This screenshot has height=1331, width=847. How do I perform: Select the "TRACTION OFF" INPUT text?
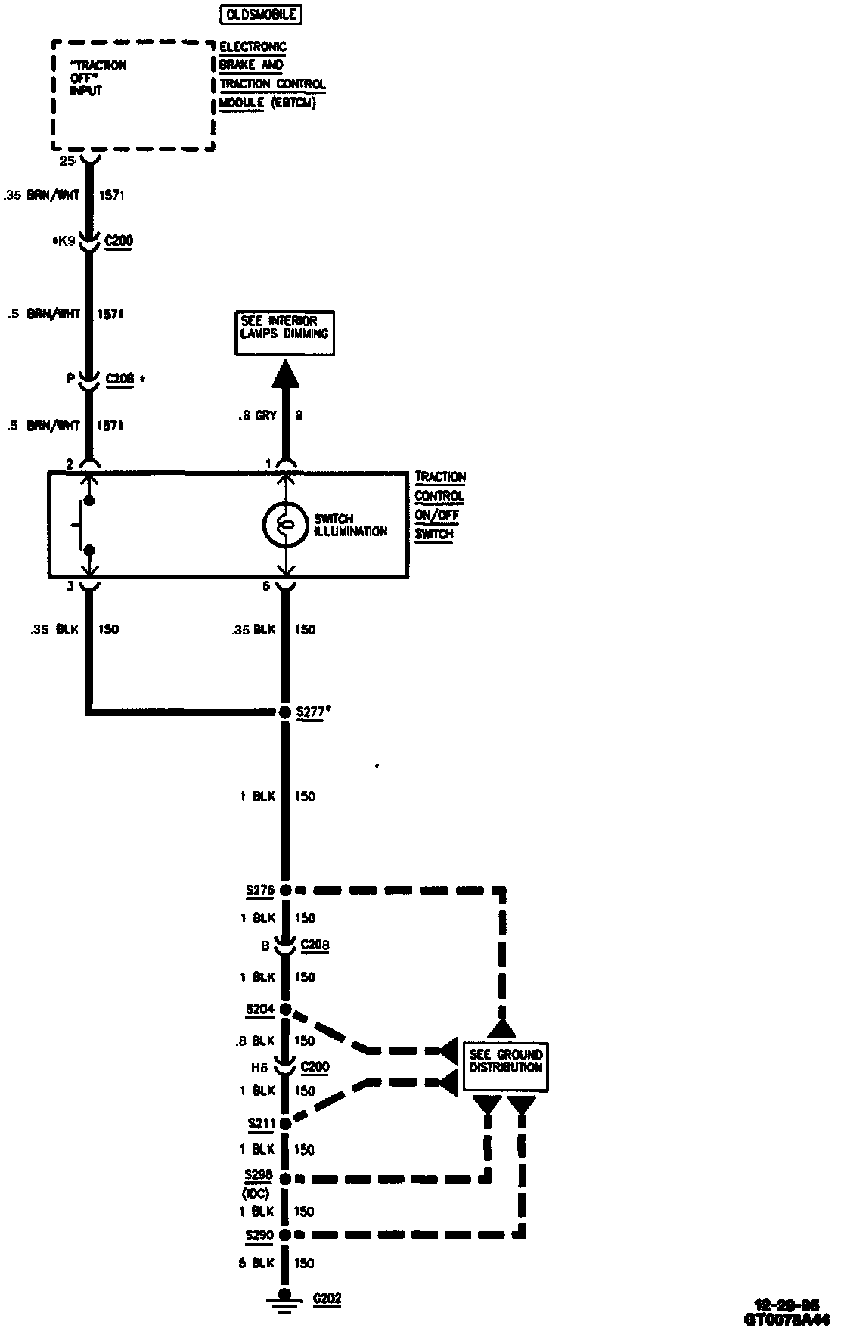pyautogui.click(x=98, y=78)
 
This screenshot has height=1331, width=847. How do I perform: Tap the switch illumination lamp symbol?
pyautogui.click(x=285, y=524)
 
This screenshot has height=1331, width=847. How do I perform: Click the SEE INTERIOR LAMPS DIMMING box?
pyautogui.click(x=284, y=333)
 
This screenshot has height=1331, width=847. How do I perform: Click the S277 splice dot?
pyautogui.click(x=285, y=712)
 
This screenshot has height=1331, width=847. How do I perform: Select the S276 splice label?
pyautogui.click(x=259, y=890)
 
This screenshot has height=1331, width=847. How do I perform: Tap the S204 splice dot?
pyautogui.click(x=285, y=1009)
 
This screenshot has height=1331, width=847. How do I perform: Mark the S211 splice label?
pyautogui.click(x=261, y=1124)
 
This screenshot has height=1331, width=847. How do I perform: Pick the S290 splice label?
pyautogui.click(x=259, y=1235)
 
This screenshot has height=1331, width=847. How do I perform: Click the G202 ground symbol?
pyautogui.click(x=284, y=1298)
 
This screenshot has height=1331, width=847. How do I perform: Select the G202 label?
pyautogui.click(x=327, y=1298)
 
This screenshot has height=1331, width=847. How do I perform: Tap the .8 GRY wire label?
pyautogui.click(x=258, y=415)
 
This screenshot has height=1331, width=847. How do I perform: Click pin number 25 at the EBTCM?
pyautogui.click(x=68, y=161)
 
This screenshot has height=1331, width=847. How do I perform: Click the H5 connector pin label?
pyautogui.click(x=259, y=1068)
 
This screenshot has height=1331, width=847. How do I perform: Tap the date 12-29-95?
pyautogui.click(x=786, y=1305)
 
